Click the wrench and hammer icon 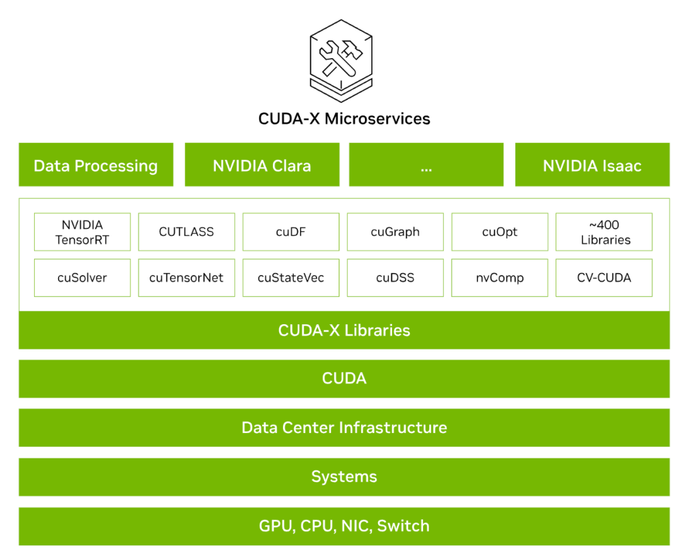tap(341, 61)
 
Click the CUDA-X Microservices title tap(344, 119)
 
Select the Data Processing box tap(96, 164)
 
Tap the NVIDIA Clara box tap(262, 164)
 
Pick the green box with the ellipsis tap(426, 164)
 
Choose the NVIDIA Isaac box tap(592, 164)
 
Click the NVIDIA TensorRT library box tap(82, 232)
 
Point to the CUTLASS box tap(186, 232)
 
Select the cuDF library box tap(291, 232)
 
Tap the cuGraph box tap(395, 232)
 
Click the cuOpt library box tap(500, 232)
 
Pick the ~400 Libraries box tap(604, 232)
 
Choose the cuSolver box tap(82, 278)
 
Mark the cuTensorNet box tap(186, 278)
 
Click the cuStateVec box tap(291, 278)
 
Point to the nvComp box tap(500, 278)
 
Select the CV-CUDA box tap(604, 278)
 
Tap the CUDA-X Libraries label tap(344, 331)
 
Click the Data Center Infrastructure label tap(344, 428)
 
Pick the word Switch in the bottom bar tap(403, 526)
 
